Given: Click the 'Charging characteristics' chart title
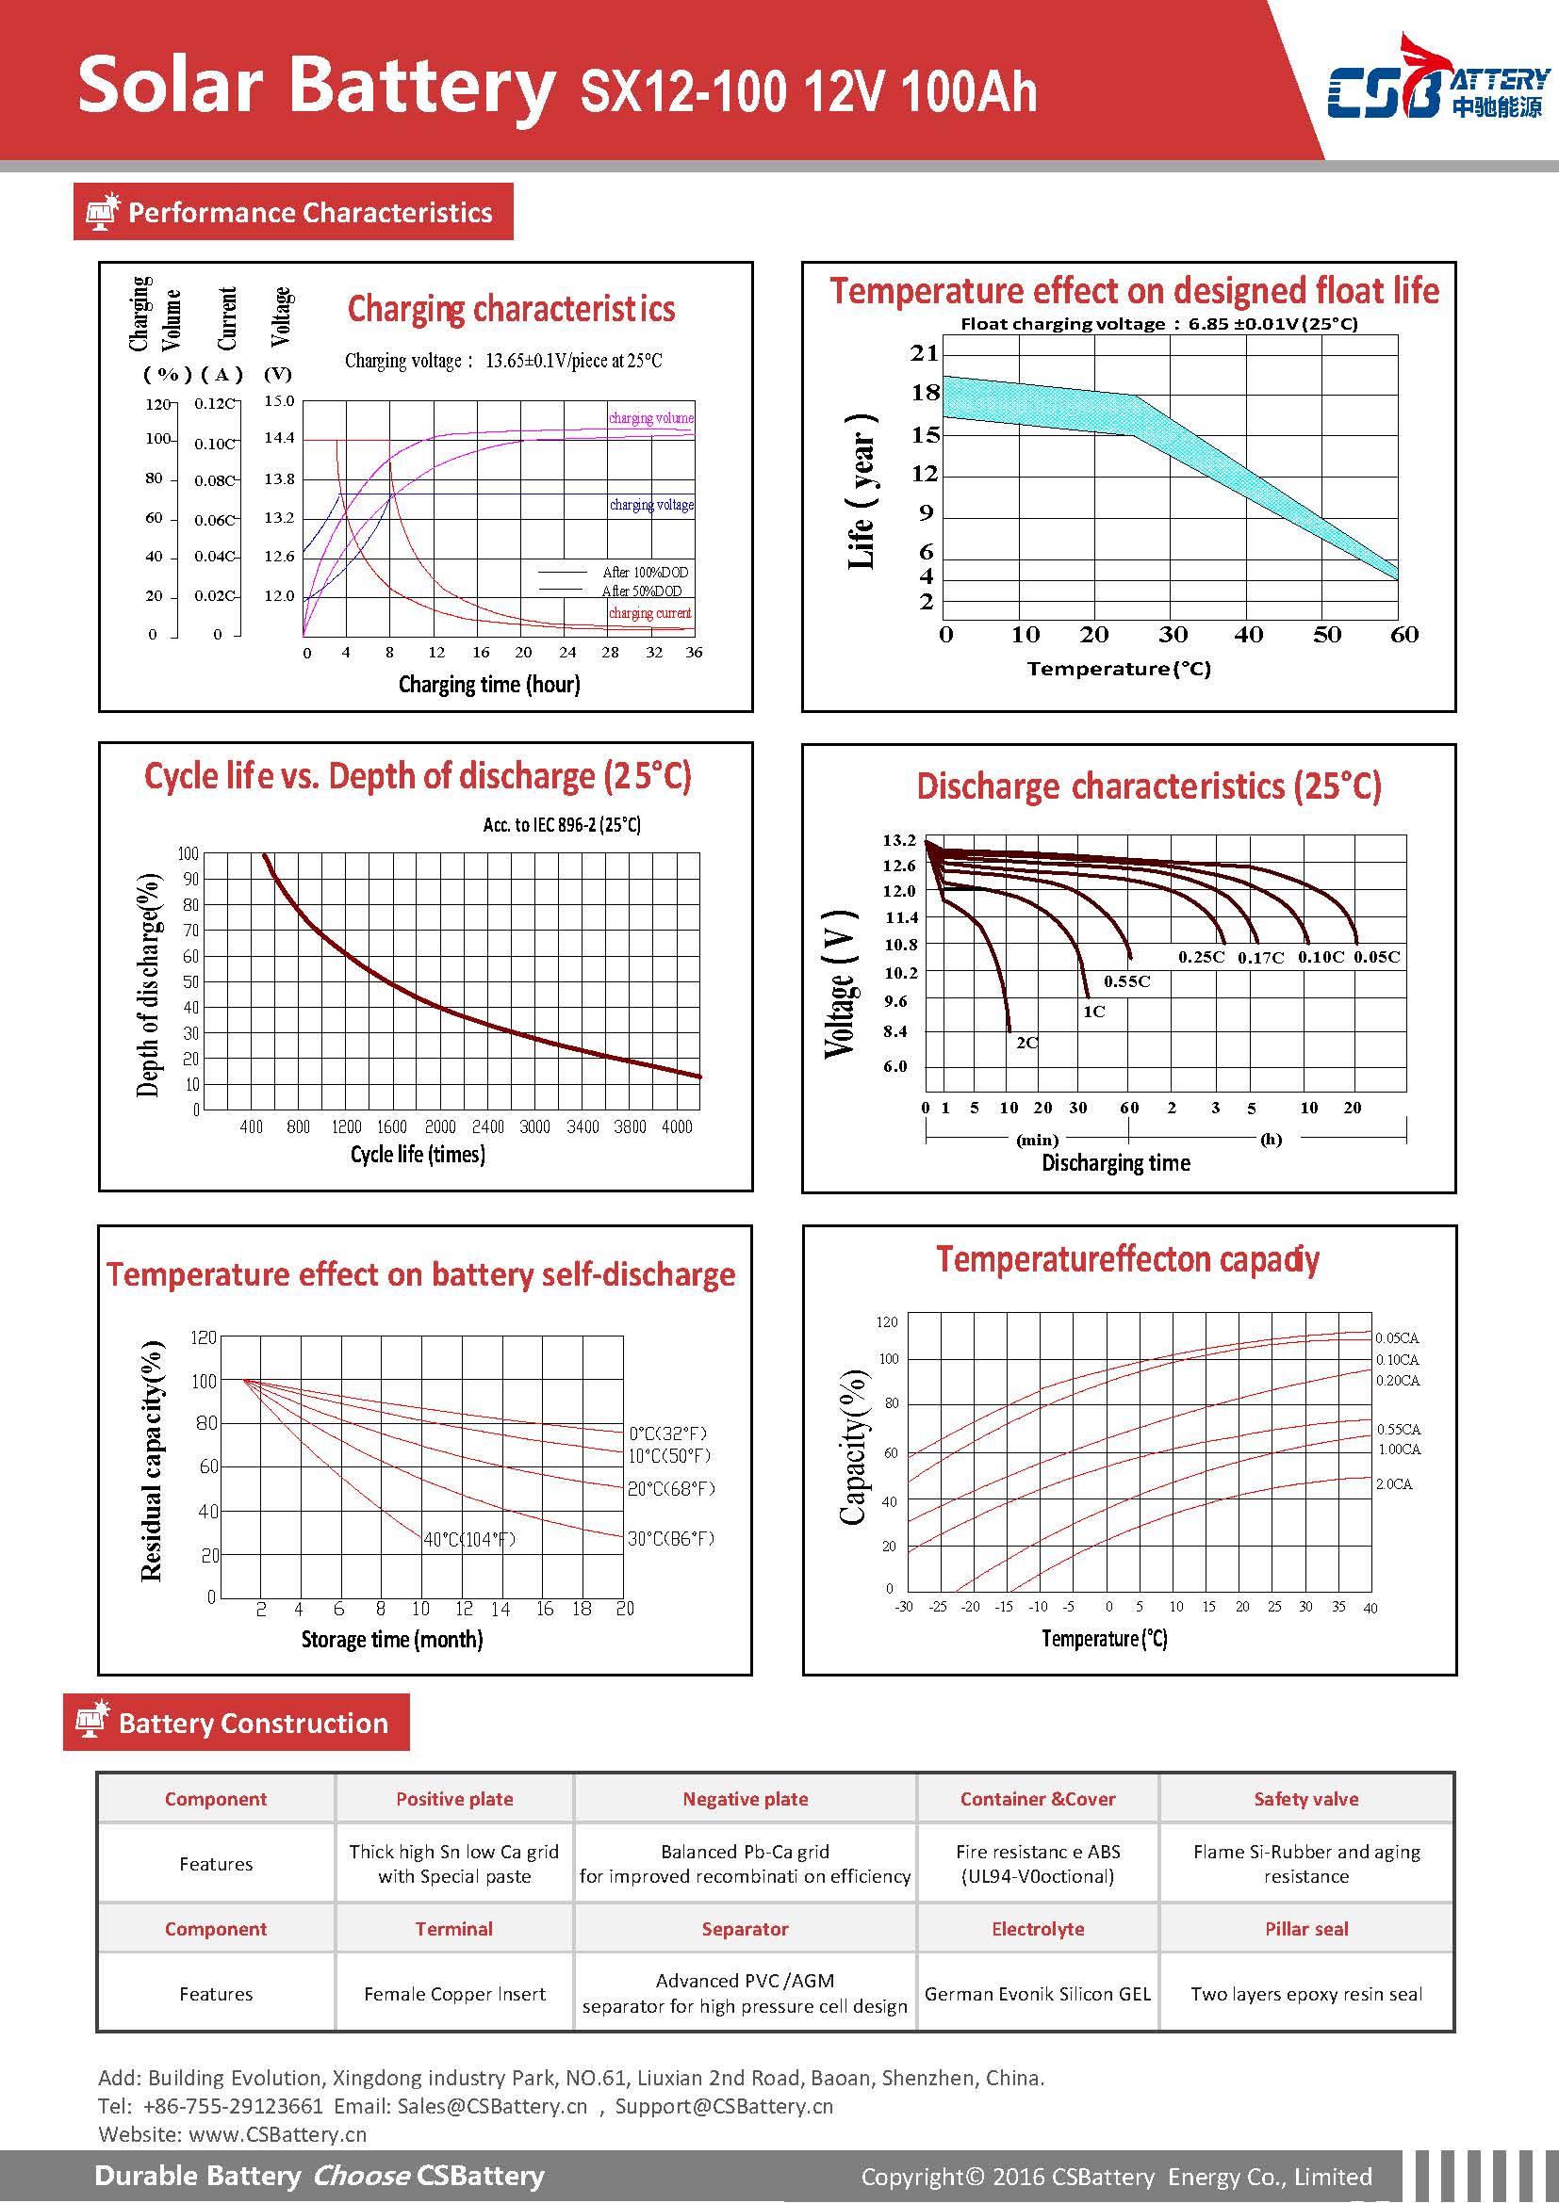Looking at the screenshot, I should coord(511,309).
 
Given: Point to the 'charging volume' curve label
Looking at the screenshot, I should coord(651,418).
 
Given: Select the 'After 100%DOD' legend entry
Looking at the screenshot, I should coord(644,573).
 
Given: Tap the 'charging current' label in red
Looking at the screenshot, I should coord(650,613).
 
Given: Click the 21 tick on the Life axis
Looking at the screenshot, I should coord(925,353).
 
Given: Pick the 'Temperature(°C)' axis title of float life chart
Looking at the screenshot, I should coord(1119,669).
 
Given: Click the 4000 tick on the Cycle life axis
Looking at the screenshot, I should coord(677,1126).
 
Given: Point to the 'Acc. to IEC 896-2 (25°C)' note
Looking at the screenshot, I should coord(562,825).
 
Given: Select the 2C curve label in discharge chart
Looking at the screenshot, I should coord(1026,1043).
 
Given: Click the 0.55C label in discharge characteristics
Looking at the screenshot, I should coord(1126,981).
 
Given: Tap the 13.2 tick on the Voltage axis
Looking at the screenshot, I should coord(899,840).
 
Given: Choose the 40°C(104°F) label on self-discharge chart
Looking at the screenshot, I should coord(469,1540).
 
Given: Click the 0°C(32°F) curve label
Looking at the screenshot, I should coord(668,1434).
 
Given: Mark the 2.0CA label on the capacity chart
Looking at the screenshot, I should coord(1394,1484).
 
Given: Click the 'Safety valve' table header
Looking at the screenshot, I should coord(1305,1799).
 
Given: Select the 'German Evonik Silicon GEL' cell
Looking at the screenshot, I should coord(1037,1994).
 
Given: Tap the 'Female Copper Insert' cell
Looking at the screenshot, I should coord(454,1994).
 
